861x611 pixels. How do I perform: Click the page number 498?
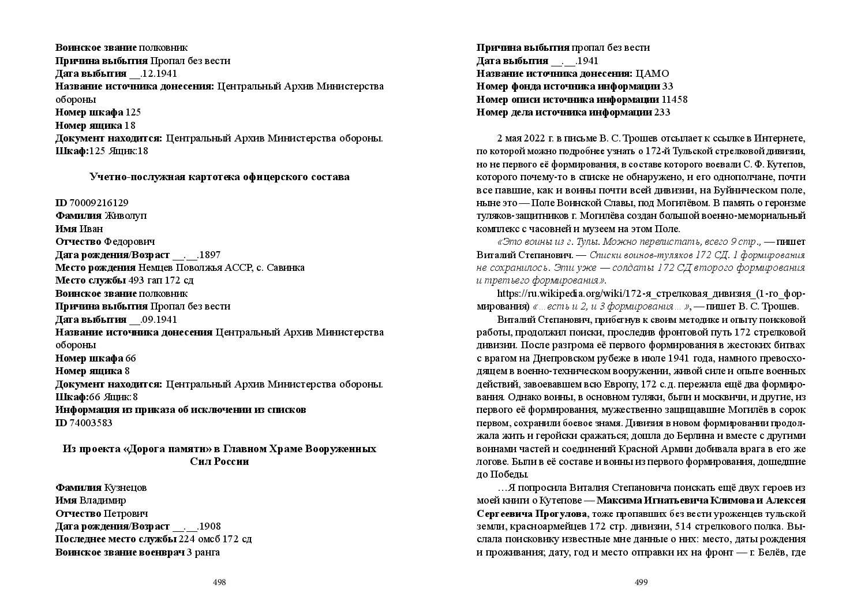click(219, 582)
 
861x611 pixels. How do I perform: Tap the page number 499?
click(641, 582)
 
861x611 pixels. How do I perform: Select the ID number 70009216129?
click(99, 203)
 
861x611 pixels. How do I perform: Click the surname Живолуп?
click(126, 215)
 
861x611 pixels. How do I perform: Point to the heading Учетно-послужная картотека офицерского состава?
click(219, 177)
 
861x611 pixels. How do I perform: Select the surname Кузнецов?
click(125, 487)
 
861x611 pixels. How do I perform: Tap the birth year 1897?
click(209, 255)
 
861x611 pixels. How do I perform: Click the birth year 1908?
click(209, 527)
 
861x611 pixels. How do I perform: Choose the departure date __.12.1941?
click(153, 73)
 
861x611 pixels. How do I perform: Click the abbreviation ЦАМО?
click(652, 73)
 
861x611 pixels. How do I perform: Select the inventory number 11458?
click(675, 99)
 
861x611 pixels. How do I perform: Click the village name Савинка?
click(287, 267)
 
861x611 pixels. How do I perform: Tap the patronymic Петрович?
click(126, 513)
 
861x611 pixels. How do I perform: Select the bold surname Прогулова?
click(560, 513)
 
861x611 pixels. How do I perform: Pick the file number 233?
click(662, 112)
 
